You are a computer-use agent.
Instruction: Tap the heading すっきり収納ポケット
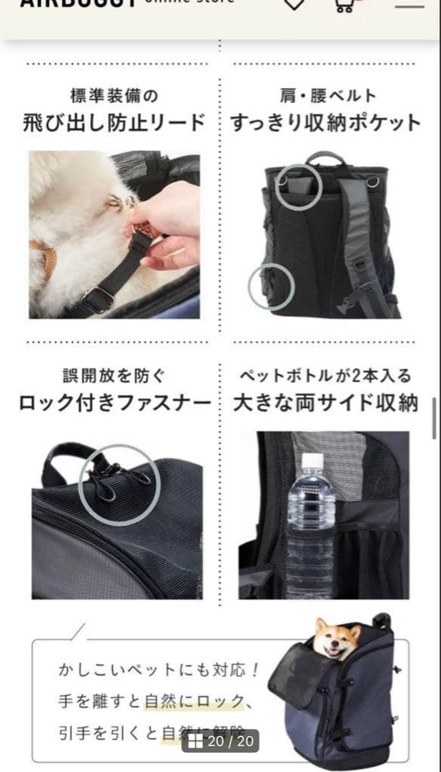(x=326, y=122)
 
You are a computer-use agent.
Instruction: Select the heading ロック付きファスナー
(x=114, y=403)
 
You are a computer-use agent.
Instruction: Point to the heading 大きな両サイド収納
(x=326, y=403)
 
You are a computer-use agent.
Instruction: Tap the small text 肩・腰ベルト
(x=327, y=95)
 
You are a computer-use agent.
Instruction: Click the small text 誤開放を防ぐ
(x=114, y=376)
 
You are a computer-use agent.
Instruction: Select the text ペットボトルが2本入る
(x=326, y=376)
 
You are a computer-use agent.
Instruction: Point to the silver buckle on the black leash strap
(x=97, y=299)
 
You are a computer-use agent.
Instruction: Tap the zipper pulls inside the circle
(x=118, y=480)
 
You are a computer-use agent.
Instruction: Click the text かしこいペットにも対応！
(x=158, y=672)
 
